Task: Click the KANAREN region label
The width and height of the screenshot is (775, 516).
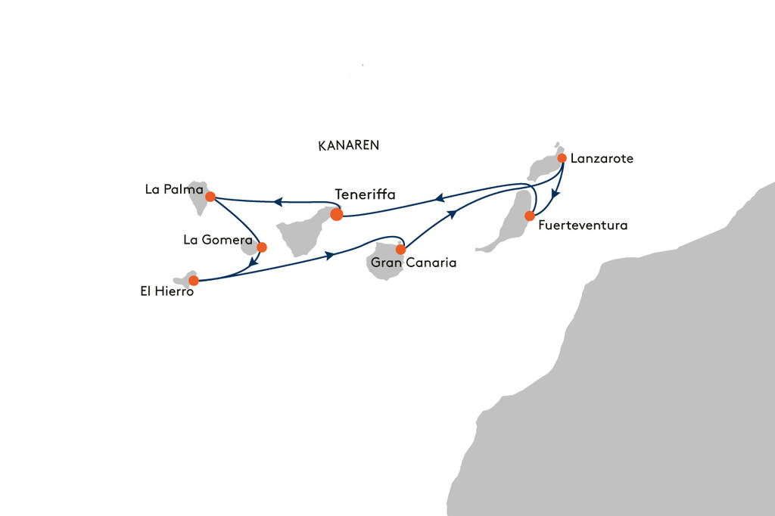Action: [x=349, y=145]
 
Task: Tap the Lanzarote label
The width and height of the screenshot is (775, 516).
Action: [x=602, y=159]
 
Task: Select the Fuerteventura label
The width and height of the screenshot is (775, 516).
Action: [x=583, y=225]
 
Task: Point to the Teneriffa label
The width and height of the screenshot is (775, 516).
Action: [x=365, y=194]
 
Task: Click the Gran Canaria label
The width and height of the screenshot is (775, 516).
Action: [x=413, y=263]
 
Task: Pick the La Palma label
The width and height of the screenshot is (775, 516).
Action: [x=174, y=189]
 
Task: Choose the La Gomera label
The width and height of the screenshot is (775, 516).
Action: [x=217, y=240]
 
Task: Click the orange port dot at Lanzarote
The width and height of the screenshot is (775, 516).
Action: [x=562, y=158]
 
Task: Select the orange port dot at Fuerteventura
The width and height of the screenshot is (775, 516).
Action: [x=530, y=216]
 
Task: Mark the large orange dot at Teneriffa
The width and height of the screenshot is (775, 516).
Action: [x=337, y=214]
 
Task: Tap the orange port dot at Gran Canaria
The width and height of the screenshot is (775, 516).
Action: [x=401, y=249]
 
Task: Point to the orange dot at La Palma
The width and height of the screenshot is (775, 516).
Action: [x=210, y=197]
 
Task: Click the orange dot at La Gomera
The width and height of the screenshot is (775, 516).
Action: [x=262, y=247]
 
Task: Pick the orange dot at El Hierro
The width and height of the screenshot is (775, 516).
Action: [x=193, y=280]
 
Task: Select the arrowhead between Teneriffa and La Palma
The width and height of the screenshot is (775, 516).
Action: [x=278, y=202]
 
